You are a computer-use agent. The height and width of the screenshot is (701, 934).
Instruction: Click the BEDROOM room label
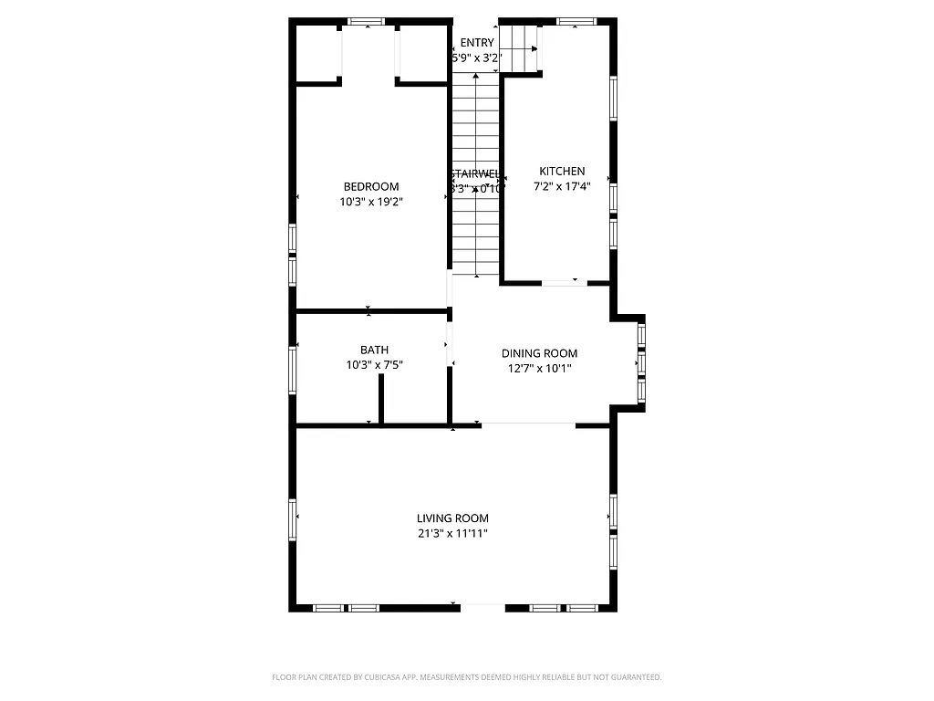pyautogui.click(x=370, y=187)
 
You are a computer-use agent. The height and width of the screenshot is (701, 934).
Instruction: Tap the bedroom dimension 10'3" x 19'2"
pyautogui.click(x=370, y=203)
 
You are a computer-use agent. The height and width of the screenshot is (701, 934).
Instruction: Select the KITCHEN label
pyautogui.click(x=562, y=172)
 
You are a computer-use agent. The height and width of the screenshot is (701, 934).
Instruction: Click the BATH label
pyautogui.click(x=374, y=350)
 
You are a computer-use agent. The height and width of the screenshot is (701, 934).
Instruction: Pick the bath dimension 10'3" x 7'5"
pyautogui.click(x=374, y=365)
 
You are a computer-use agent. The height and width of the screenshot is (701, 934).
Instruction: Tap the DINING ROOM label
pyautogui.click(x=539, y=354)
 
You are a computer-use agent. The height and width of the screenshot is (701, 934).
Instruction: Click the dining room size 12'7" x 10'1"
pyautogui.click(x=539, y=370)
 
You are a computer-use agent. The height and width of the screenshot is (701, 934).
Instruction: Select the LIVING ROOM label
pyautogui.click(x=452, y=518)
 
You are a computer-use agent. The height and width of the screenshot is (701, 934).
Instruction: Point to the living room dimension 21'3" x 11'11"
pyautogui.click(x=452, y=534)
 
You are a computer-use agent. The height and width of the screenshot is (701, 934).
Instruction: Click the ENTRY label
pyautogui.click(x=477, y=43)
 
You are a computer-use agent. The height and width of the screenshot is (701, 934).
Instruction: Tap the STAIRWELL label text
pyautogui.click(x=474, y=173)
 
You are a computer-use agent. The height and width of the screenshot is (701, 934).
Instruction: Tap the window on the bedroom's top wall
pyautogui.click(x=367, y=21)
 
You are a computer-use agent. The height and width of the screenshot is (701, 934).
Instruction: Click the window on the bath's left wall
pyautogui.click(x=293, y=368)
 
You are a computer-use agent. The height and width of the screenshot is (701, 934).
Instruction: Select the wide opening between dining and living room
pyautogui.click(x=528, y=424)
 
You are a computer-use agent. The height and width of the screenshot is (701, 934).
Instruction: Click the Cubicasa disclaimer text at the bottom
pyautogui.click(x=466, y=677)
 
